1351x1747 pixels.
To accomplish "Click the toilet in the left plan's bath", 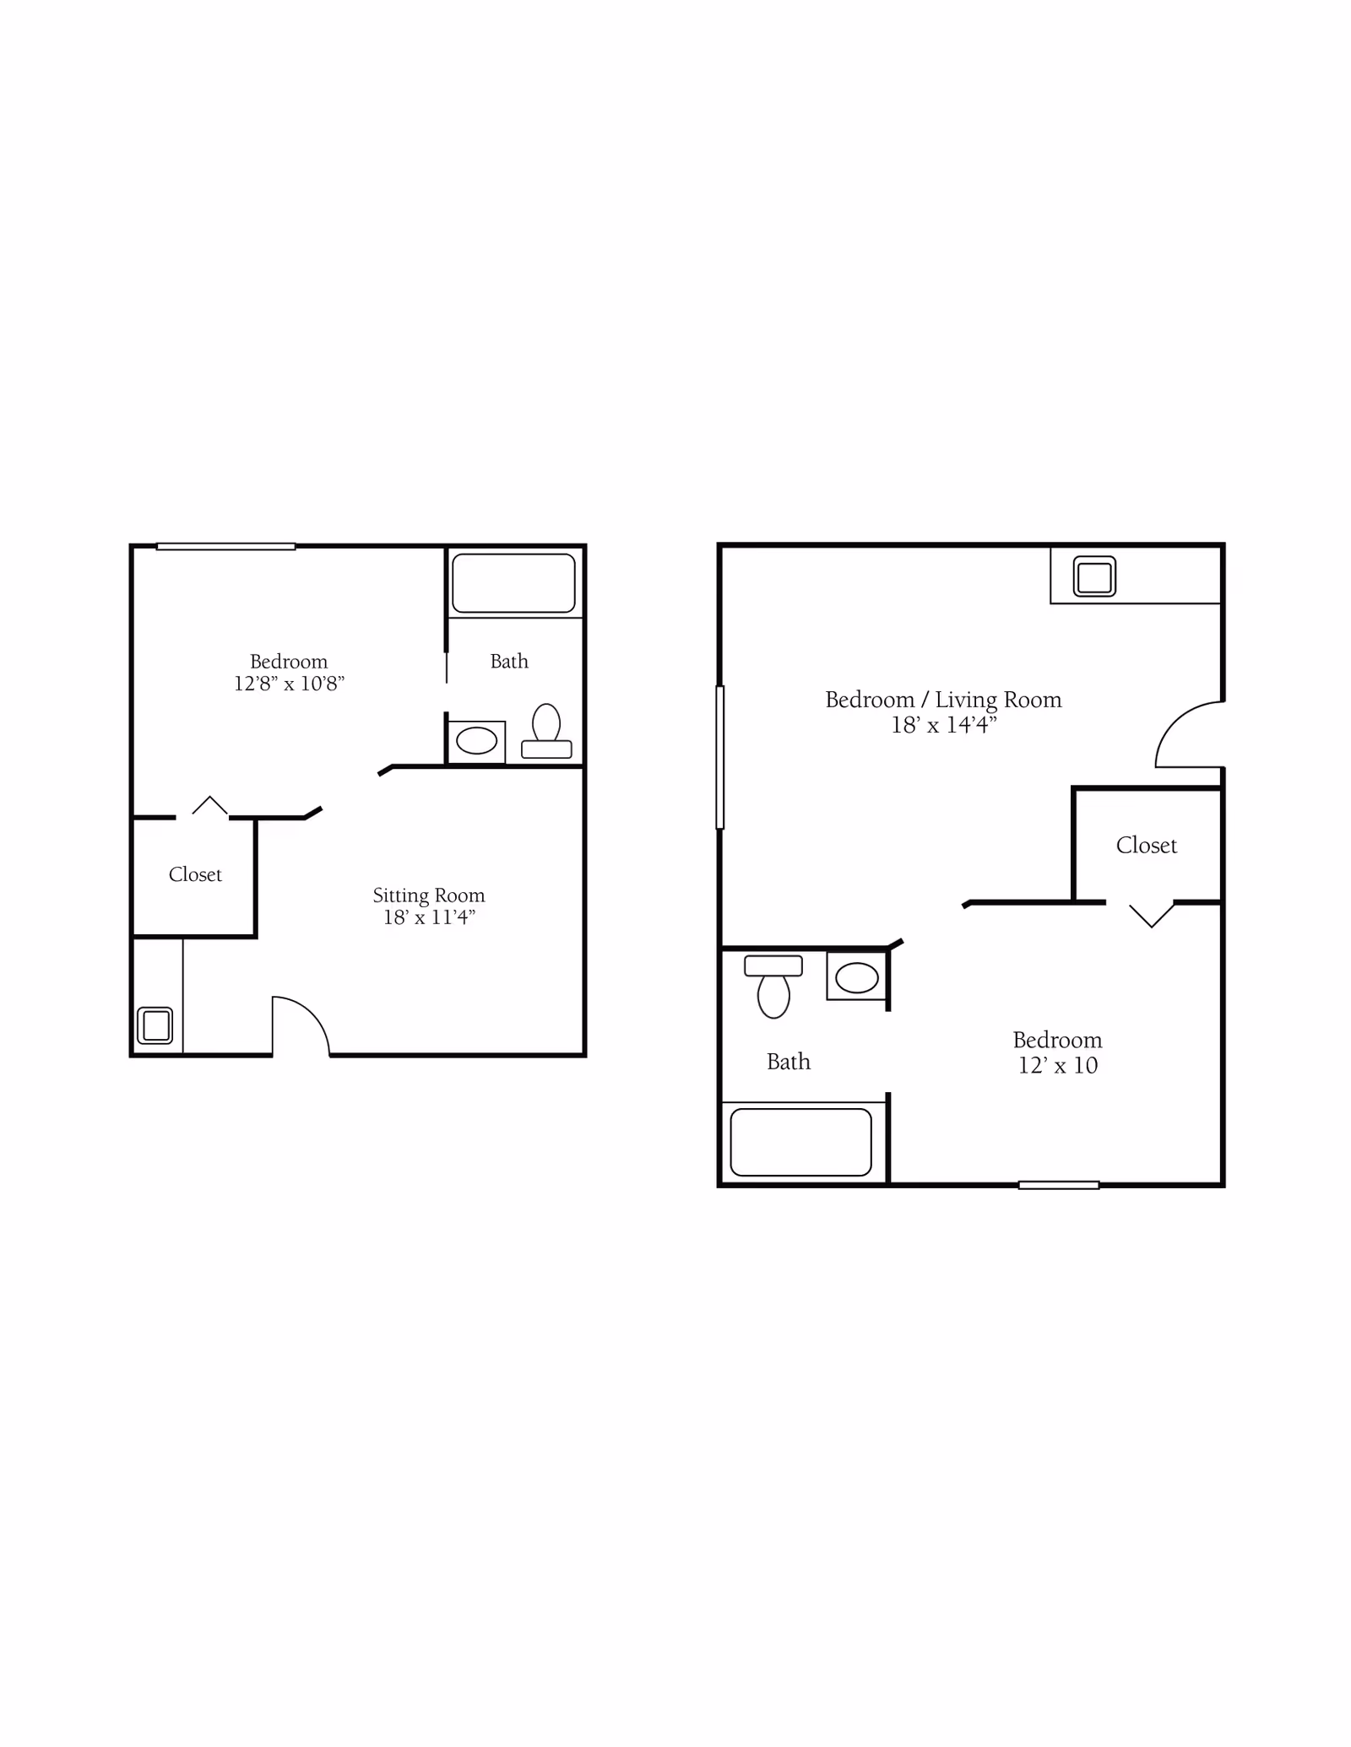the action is tap(546, 732).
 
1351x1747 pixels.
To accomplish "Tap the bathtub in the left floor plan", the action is tap(513, 583).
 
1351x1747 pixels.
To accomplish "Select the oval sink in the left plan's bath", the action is tap(476, 741).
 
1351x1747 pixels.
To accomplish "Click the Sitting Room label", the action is tap(429, 896).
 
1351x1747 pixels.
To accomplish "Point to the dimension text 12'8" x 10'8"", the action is tap(289, 684).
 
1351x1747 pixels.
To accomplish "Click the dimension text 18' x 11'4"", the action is tap(429, 917).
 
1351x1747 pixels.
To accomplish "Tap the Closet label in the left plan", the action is tap(195, 874).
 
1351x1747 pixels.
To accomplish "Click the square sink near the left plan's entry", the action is tap(155, 1025).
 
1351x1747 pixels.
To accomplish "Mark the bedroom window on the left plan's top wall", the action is tap(225, 547).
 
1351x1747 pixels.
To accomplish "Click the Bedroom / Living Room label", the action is tap(943, 700).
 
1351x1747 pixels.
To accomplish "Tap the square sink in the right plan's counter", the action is tap(1094, 576).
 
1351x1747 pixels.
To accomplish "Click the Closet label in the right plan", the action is tap(1146, 846).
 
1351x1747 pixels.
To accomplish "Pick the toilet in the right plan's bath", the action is tap(773, 987).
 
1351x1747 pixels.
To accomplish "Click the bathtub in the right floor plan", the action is tap(800, 1142).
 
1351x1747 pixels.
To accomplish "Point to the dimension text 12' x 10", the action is tap(1058, 1066).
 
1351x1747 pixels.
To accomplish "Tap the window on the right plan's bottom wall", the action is tap(1059, 1185).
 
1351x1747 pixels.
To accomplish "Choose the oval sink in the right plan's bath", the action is tap(857, 978).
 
